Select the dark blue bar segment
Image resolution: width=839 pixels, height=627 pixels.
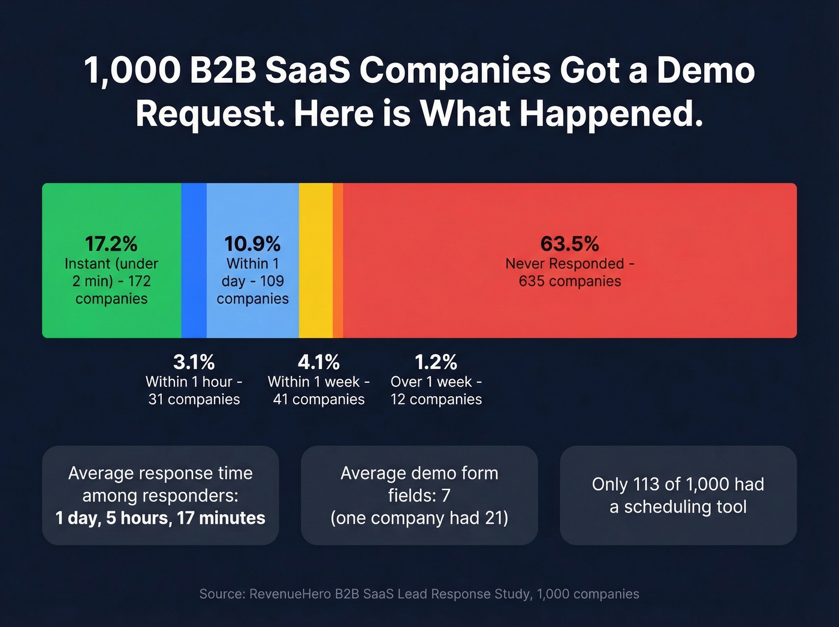point(194,260)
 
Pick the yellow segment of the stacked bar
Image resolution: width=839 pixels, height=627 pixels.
point(315,260)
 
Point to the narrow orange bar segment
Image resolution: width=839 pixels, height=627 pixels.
point(338,260)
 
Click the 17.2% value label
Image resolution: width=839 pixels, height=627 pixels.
point(111,244)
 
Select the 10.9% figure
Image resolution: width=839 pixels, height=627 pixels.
point(252,244)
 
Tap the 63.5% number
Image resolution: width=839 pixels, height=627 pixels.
point(569,244)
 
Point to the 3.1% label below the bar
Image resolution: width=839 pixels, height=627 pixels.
point(194,362)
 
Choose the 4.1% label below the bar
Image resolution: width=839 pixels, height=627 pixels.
point(319,362)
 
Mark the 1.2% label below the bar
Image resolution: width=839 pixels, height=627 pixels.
point(436,362)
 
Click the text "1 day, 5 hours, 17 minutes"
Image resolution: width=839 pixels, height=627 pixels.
point(161,518)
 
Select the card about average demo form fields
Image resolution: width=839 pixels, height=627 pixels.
point(419,495)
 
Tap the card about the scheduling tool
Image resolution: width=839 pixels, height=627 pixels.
point(678,495)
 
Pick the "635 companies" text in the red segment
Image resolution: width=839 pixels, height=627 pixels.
point(570,281)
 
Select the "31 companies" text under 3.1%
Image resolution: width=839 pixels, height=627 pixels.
point(194,400)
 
